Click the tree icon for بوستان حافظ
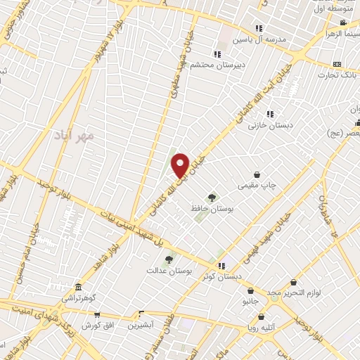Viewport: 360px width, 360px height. pos(212,197)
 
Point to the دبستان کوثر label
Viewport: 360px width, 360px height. pos(222,276)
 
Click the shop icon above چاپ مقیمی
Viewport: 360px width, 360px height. pos(257,174)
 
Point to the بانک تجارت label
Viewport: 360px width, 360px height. pos(337,75)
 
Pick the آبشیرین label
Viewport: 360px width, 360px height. pos(143,326)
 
